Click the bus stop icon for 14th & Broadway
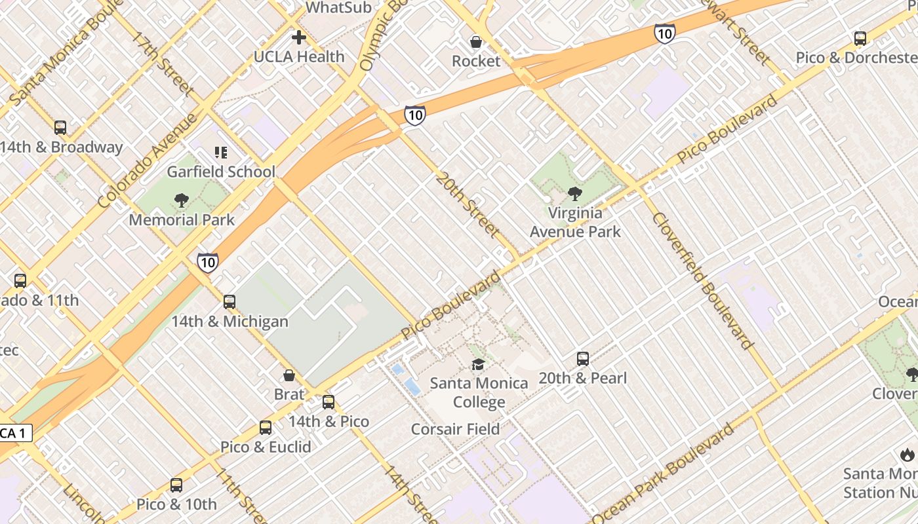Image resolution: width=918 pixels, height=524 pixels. pyautogui.click(x=60, y=128)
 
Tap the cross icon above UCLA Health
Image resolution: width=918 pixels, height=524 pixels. pyautogui.click(x=299, y=37)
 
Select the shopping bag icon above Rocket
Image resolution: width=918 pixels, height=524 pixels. pyautogui.click(x=476, y=42)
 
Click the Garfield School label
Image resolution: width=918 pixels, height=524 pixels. pyautogui.click(x=221, y=172)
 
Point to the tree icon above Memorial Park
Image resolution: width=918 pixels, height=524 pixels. pyautogui.click(x=182, y=200)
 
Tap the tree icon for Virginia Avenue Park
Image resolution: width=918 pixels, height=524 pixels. pyautogui.click(x=575, y=194)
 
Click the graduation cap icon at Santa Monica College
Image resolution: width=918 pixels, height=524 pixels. pyautogui.click(x=479, y=364)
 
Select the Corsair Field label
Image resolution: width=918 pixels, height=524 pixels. pyautogui.click(x=455, y=429)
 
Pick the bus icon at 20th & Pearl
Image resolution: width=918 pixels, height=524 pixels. pyautogui.click(x=583, y=359)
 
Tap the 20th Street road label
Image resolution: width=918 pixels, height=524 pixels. pyautogui.click(x=468, y=204)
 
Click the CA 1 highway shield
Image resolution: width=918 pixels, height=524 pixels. pyautogui.click(x=14, y=433)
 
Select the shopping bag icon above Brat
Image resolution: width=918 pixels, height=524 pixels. pyautogui.click(x=289, y=375)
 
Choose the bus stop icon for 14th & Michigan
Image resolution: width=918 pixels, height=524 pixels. pyautogui.click(x=229, y=302)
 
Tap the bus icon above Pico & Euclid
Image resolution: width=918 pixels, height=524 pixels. pyautogui.click(x=266, y=428)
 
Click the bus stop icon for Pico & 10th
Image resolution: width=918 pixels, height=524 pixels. pyautogui.click(x=176, y=485)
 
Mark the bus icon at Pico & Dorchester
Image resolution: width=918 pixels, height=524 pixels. pyautogui.click(x=860, y=39)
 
